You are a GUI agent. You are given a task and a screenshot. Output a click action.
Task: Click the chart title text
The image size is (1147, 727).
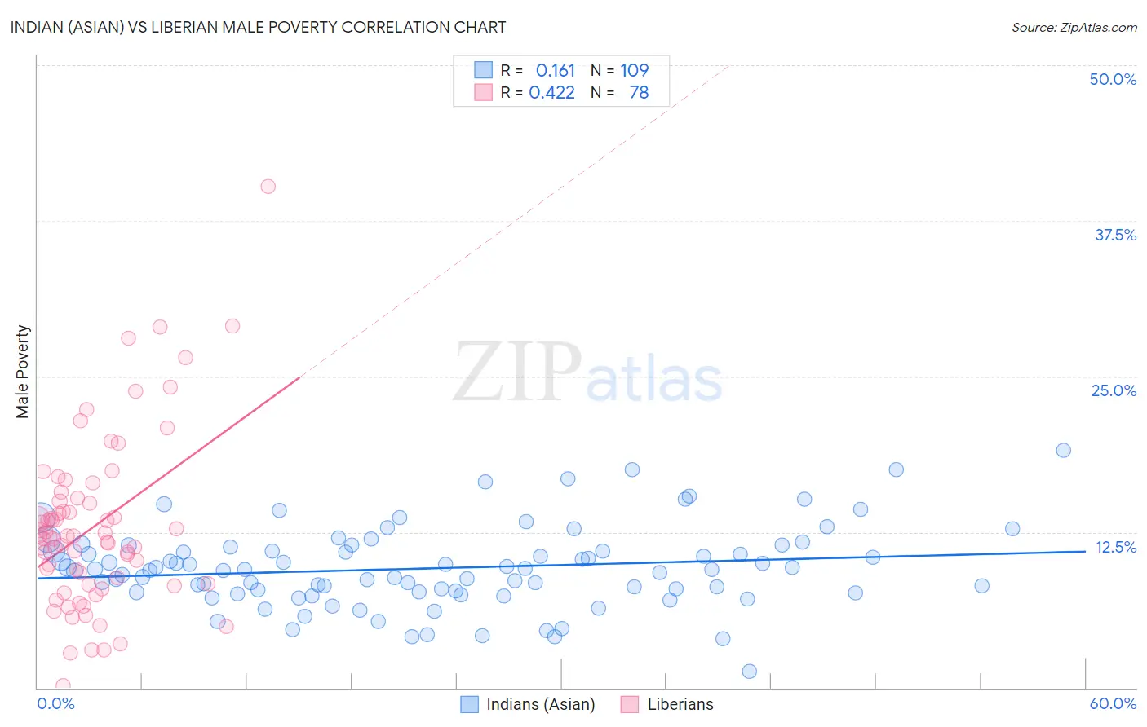(258, 27)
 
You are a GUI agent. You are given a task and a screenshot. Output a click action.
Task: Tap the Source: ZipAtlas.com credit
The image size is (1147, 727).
(1074, 27)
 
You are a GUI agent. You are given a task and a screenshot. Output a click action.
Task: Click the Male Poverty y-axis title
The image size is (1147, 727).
(23, 372)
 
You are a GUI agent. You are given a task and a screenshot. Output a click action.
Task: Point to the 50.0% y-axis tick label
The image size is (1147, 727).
(1113, 79)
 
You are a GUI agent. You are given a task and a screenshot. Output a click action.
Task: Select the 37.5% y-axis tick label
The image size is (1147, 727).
(1115, 235)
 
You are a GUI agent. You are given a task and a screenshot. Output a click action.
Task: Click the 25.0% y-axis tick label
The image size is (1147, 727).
(1114, 390)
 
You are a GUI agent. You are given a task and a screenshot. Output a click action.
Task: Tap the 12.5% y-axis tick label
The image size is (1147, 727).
(1115, 547)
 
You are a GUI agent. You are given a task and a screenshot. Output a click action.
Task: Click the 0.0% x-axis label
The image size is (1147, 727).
(55, 703)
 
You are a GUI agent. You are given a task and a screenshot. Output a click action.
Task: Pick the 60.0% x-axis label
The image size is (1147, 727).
(1113, 703)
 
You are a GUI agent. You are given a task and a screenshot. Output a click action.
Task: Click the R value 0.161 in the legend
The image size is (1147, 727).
(555, 71)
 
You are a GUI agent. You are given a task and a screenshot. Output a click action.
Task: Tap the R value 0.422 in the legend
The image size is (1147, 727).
(551, 93)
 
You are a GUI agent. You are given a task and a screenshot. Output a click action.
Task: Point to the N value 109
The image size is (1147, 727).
(634, 71)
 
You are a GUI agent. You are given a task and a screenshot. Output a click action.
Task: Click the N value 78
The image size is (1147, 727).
(639, 93)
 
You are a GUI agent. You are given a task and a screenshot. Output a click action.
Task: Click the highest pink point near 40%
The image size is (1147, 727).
(268, 187)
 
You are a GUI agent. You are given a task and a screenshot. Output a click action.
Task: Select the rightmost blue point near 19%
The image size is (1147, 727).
(1063, 451)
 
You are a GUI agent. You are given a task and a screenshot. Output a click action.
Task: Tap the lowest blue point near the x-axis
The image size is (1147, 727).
(749, 672)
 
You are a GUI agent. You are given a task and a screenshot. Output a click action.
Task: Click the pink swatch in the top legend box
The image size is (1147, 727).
(484, 92)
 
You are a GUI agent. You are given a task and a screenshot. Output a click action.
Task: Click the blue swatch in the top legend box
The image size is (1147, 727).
(484, 70)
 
